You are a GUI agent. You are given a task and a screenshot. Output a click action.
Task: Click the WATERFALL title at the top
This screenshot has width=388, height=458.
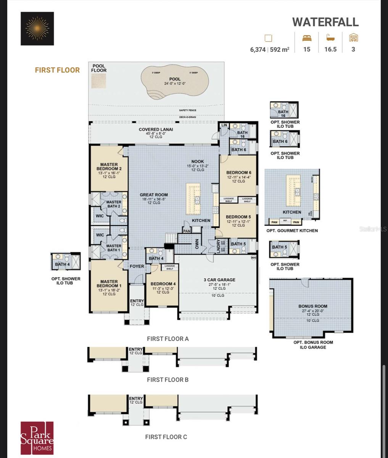pyautogui.click(x=325, y=22)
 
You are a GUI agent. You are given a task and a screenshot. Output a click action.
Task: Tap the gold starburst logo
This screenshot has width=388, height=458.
pyautogui.click(x=37, y=29)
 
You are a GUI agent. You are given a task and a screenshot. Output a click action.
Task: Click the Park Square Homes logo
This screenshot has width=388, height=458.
pyautogui.click(x=37, y=438)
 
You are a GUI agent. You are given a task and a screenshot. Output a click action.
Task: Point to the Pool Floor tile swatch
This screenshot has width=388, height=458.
pyautogui.click(x=99, y=81)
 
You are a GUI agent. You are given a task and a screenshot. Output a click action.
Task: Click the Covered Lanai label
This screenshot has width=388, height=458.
pyautogui.click(x=156, y=129)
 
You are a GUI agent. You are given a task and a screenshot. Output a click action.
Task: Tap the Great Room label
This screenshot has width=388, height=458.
pyautogui.click(x=154, y=195)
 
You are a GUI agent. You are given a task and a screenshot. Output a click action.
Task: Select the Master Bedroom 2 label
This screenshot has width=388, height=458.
pyautogui.click(x=109, y=167)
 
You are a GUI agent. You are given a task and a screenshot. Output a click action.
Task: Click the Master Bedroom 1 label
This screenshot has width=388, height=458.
pyautogui.click(x=109, y=284)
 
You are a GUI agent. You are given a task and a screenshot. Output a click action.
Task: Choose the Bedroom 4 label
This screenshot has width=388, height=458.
pyautogui.click(x=163, y=284)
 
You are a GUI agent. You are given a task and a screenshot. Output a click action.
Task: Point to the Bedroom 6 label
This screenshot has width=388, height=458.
pyautogui.click(x=238, y=173)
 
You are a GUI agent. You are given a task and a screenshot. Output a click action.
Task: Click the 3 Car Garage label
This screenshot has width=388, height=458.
pyautogui.click(x=219, y=280)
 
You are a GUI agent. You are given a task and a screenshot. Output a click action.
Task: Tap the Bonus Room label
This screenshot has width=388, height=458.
pyautogui.click(x=312, y=306)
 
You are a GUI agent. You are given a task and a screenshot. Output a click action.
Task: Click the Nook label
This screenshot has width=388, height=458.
pyautogui.click(x=198, y=161)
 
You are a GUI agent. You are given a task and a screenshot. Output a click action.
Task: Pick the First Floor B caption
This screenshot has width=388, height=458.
pyautogui.click(x=167, y=380)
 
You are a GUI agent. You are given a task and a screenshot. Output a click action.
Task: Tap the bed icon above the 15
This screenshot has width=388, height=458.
pyautogui.click(x=307, y=38)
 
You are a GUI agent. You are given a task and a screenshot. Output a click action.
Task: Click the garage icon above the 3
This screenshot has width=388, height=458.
pyautogui.click(x=354, y=37)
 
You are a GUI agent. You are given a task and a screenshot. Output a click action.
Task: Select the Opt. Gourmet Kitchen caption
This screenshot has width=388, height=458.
pyautogui.click(x=292, y=231)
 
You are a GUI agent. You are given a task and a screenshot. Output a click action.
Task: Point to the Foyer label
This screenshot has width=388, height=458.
pyautogui.click(x=137, y=266)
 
